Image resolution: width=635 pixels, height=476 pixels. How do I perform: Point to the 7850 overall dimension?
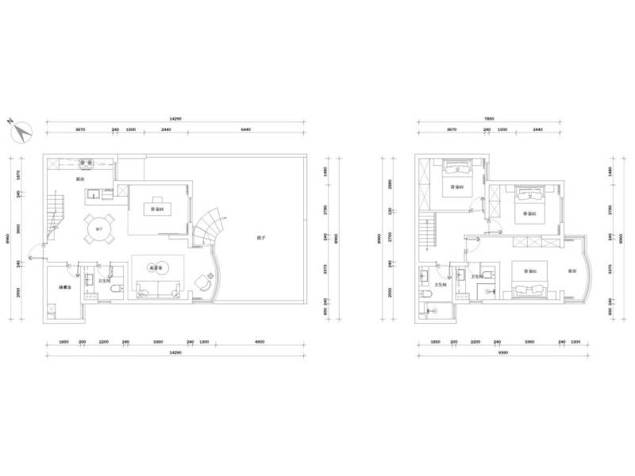tap(489, 119)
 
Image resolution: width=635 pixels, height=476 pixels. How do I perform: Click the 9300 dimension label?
tap(502, 351)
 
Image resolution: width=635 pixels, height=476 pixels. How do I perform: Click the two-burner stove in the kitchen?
tap(87, 164)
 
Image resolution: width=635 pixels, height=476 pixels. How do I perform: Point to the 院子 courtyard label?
tap(260, 237)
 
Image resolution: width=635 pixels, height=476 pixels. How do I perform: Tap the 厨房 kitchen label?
tap(80, 180)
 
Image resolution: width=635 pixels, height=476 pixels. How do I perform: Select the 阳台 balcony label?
tap(572, 271)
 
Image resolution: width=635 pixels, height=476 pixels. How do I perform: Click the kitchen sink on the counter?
tap(95, 192)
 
